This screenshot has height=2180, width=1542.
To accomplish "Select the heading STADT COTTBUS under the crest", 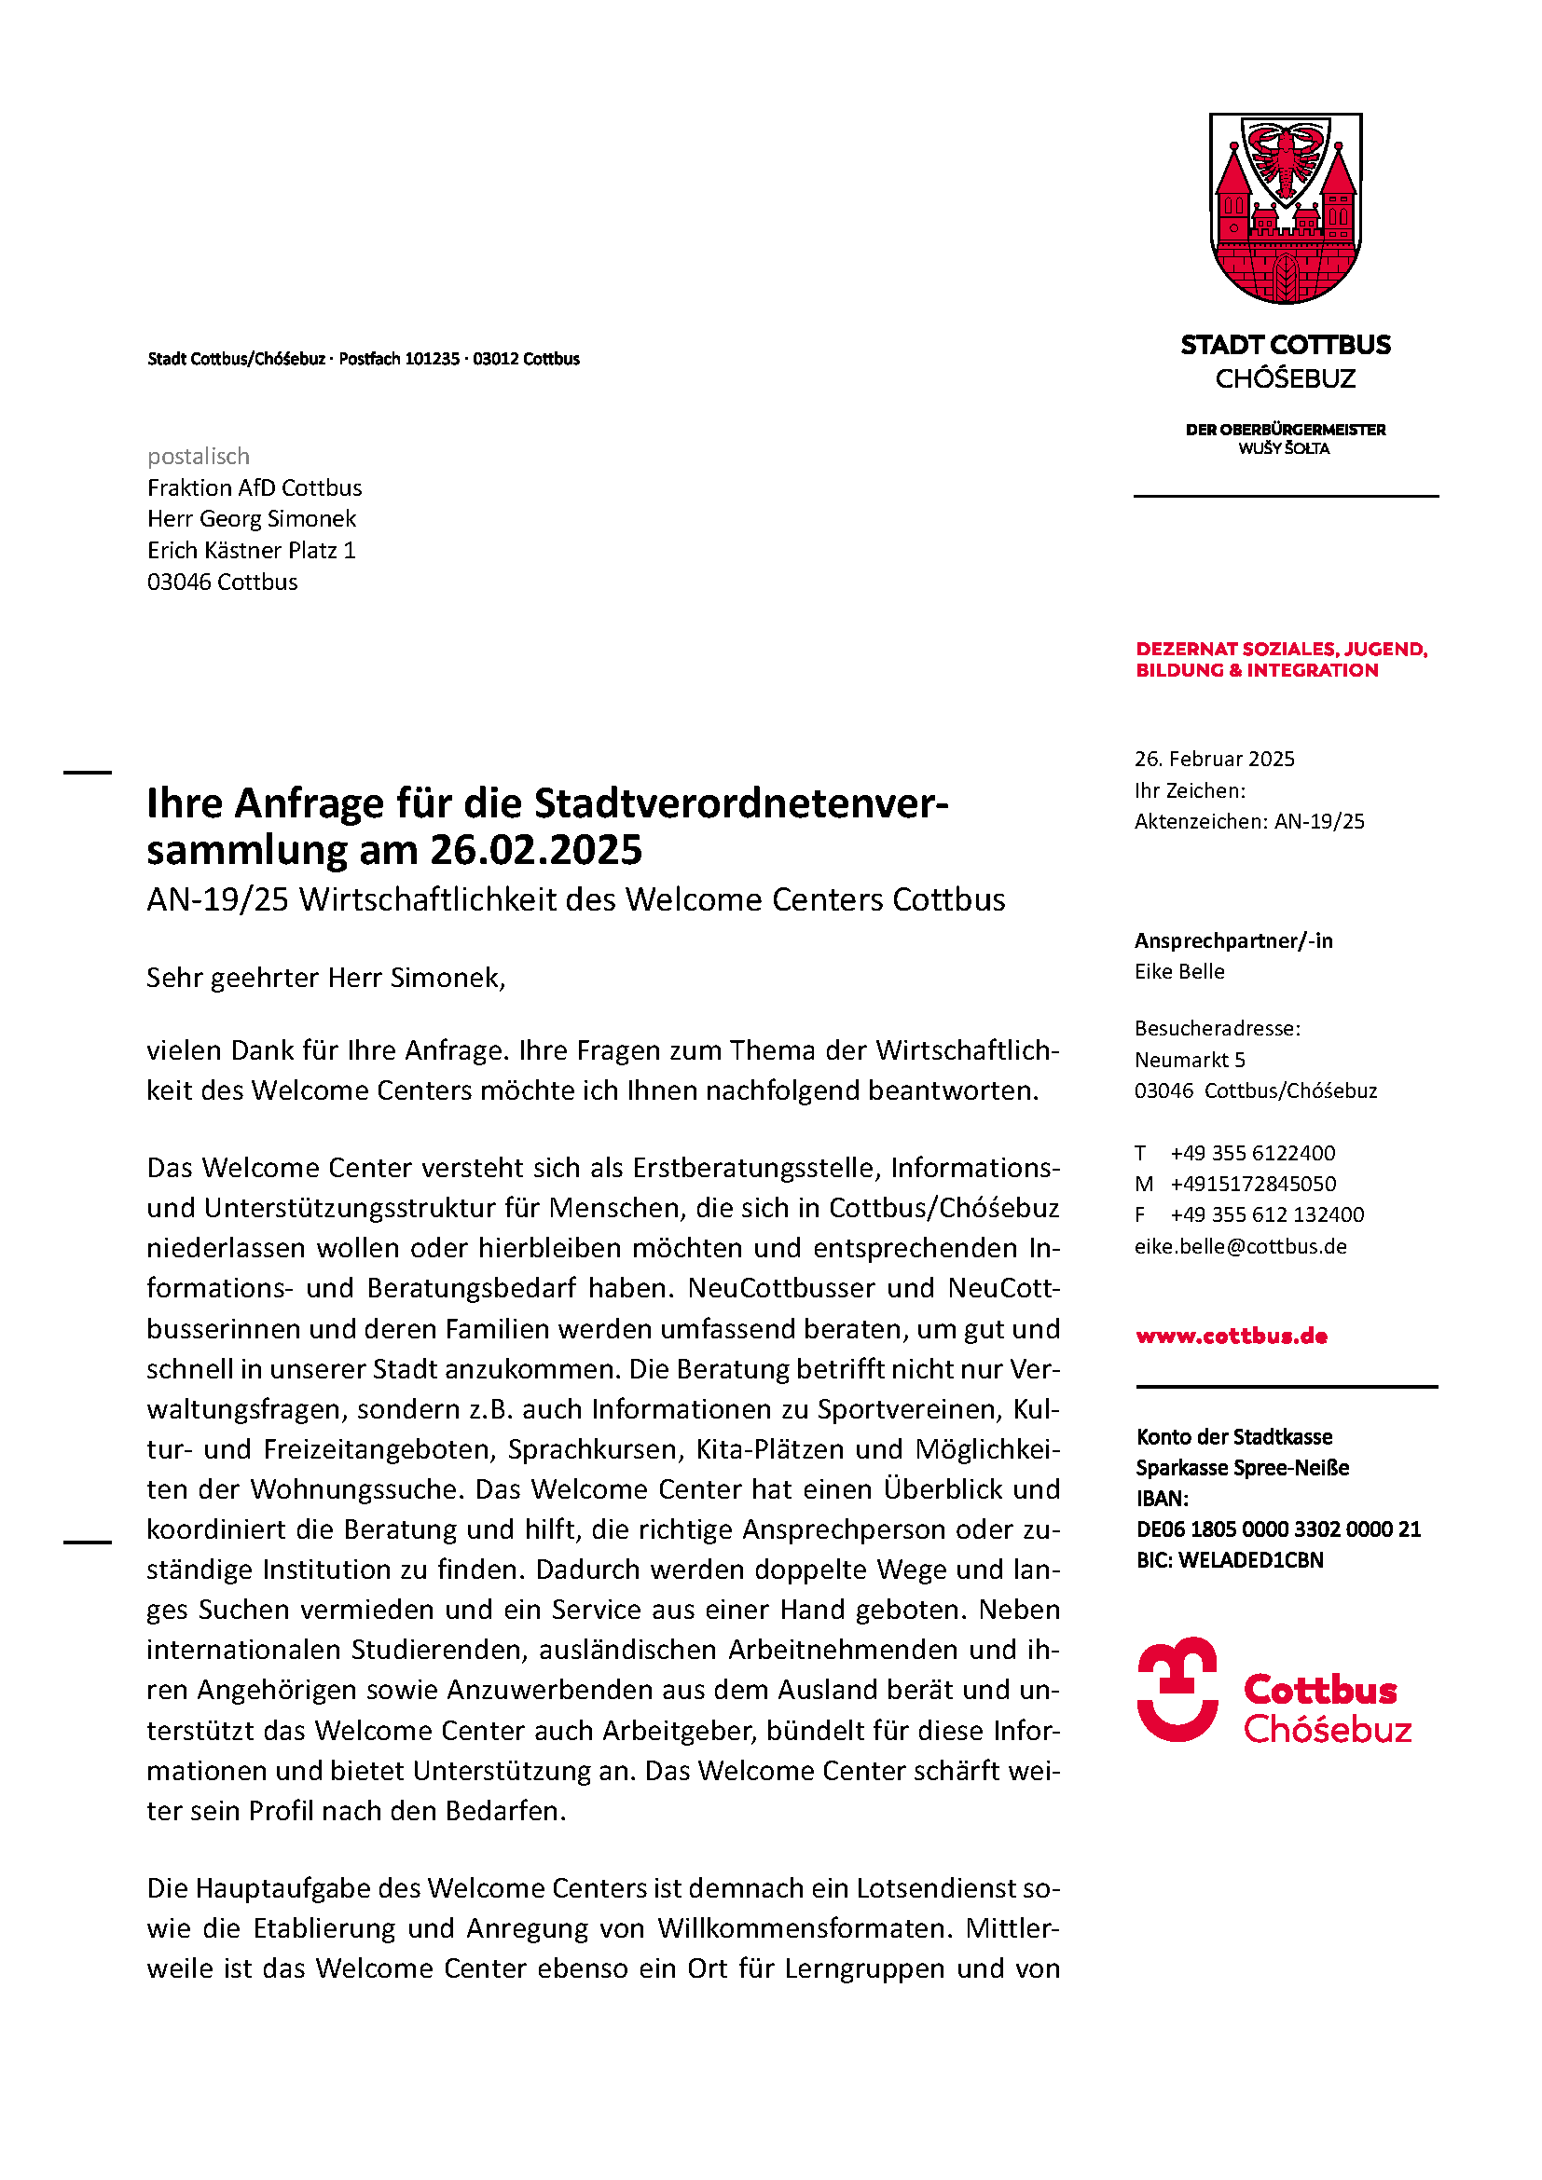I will click(1286, 345).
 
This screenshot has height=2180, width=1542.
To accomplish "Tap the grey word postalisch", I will click(199, 457).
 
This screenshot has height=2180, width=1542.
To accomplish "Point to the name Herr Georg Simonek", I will click(252, 519).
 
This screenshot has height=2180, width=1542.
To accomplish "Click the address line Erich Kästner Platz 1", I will click(252, 551).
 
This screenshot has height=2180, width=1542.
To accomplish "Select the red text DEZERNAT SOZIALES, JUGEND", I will click(1282, 650).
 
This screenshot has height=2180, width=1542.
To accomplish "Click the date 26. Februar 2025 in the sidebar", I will click(1215, 760).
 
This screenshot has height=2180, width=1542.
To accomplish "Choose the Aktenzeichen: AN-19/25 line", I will click(1249, 822).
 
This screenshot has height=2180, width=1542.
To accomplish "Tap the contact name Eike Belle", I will click(1179, 972).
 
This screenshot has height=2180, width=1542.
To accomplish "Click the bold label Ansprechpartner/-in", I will click(1233, 941).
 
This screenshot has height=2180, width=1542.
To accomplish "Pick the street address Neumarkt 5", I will click(1190, 1061).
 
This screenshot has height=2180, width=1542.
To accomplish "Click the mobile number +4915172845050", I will click(1253, 1185).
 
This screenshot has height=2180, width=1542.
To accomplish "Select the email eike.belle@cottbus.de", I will click(1241, 1247).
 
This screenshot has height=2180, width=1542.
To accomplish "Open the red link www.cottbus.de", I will click(1232, 1337).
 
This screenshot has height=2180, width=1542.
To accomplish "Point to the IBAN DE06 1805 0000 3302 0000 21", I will click(1278, 1529).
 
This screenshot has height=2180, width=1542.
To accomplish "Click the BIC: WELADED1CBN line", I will click(1230, 1561).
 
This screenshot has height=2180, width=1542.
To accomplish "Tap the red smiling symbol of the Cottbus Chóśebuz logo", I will click(1177, 1689).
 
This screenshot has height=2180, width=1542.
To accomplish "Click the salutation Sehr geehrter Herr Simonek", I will click(325, 978).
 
